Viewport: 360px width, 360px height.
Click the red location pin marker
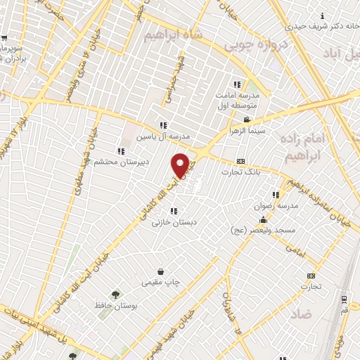coord(181,165)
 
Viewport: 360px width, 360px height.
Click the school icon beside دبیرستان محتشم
coord(122,150)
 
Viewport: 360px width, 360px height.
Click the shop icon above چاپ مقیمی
coord(161,271)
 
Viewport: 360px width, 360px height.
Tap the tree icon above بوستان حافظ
coord(115,295)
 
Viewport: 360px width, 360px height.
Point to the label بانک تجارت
coord(241,172)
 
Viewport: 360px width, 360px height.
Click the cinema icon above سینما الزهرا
coord(246,120)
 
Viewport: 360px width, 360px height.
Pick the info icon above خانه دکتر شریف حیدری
coord(322,15)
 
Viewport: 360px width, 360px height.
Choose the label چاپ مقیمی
coord(161,282)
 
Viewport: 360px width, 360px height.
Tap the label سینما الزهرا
coord(247,130)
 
